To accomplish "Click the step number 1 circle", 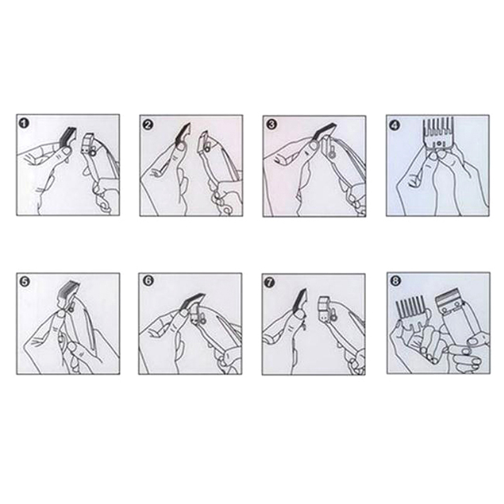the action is pyautogui.click(x=24, y=123).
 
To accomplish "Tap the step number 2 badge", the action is pyautogui.click(x=147, y=125).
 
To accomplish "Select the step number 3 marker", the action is pyautogui.click(x=272, y=124).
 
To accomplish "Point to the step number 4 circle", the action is pyautogui.click(x=395, y=125).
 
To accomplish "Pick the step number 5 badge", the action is pyautogui.click(x=25, y=282).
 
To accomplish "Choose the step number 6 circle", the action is pyautogui.click(x=148, y=280).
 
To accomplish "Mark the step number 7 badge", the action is pyautogui.click(x=270, y=282).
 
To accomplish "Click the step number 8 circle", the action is pyautogui.click(x=395, y=281).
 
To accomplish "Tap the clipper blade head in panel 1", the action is pyautogui.click(x=88, y=145).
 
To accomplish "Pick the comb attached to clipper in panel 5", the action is pyautogui.click(x=67, y=292).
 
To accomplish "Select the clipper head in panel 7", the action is pyautogui.click(x=326, y=309).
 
